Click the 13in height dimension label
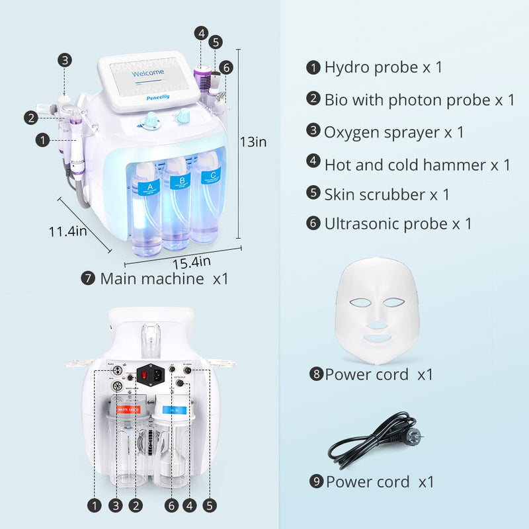pos(253,141)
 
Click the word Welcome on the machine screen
pos(149,73)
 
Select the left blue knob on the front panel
pos(153,120)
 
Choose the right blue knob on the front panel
pos(181,120)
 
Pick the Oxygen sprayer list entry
pos(393,132)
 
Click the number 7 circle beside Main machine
pos(87,278)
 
